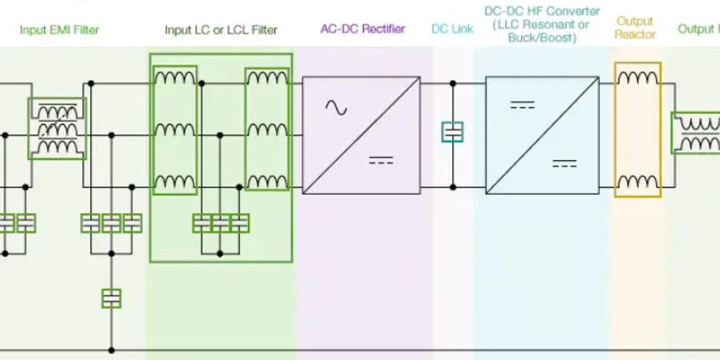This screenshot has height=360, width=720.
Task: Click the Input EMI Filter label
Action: click(60, 30)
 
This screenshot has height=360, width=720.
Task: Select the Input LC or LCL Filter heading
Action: click(221, 30)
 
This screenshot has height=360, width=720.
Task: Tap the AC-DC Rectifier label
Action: click(363, 29)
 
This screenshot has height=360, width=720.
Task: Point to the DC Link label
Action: click(452, 29)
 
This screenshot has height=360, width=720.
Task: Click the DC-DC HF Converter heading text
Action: click(542, 24)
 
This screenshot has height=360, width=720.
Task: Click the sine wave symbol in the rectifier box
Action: click(336, 108)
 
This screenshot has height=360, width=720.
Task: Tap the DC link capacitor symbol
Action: click(453, 132)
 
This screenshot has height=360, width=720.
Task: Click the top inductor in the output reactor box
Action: click(637, 79)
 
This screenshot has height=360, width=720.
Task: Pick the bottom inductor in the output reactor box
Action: click(637, 183)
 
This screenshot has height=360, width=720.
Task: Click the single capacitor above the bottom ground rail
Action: click(112, 298)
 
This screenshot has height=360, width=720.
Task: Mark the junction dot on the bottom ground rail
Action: click(112, 350)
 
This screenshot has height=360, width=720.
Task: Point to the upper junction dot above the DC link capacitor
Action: click(453, 83)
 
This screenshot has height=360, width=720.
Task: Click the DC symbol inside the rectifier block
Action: click(381, 160)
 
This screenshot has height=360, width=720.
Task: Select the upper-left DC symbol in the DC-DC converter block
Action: click(522, 105)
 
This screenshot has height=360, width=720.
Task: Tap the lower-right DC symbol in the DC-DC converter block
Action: click(564, 164)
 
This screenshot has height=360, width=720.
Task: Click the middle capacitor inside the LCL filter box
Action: click(221, 222)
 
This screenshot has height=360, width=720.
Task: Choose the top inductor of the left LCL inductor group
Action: click(175, 79)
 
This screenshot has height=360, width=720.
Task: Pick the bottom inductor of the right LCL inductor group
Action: click(267, 183)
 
